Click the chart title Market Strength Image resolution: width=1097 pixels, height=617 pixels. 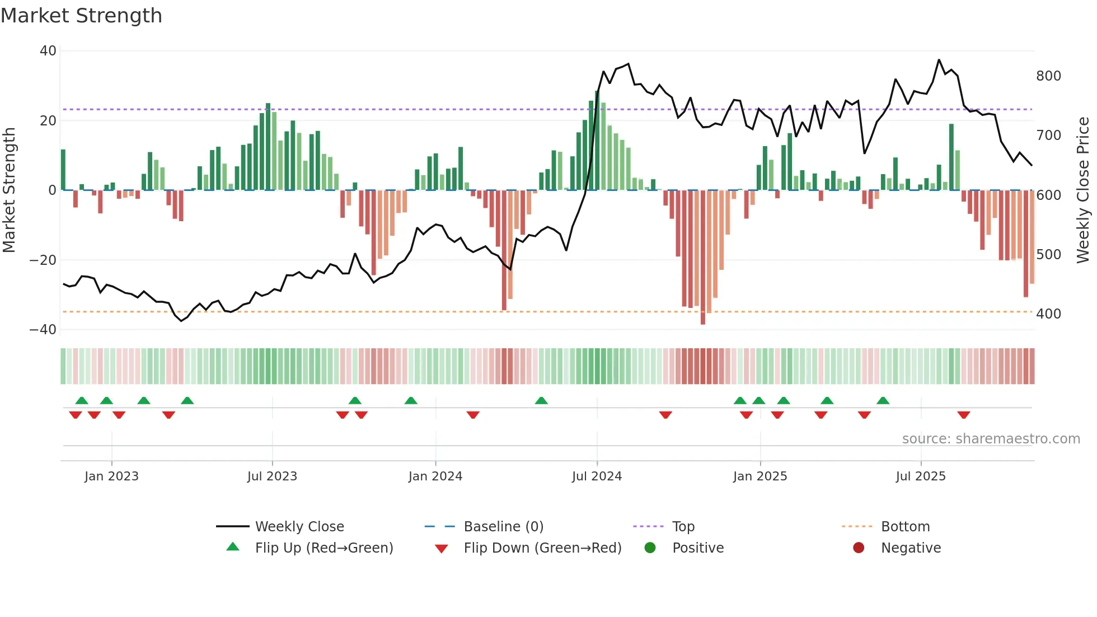pyautogui.click(x=81, y=15)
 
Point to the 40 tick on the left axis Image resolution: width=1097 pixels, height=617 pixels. pyautogui.click(x=48, y=51)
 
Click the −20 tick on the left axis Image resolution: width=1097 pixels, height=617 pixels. pyautogui.click(x=43, y=260)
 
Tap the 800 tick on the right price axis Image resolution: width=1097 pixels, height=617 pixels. pyautogui.click(x=1048, y=76)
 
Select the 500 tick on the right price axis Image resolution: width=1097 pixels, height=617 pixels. pyautogui.click(x=1048, y=255)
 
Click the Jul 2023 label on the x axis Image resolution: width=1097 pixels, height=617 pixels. pyautogui.click(x=272, y=476)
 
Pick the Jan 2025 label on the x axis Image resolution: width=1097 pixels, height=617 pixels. pyautogui.click(x=760, y=476)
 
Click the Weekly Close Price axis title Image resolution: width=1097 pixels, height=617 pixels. pyautogui.click(x=1083, y=190)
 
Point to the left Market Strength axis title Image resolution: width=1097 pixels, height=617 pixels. pyautogui.click(x=9, y=190)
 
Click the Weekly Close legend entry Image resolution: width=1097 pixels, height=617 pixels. pyautogui.click(x=299, y=527)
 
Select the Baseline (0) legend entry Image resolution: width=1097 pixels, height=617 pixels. pyautogui.click(x=503, y=527)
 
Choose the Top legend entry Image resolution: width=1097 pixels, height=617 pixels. pyautogui.click(x=683, y=527)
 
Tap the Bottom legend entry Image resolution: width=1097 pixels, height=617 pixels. pyautogui.click(x=905, y=527)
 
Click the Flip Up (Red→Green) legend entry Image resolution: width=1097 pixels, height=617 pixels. pyautogui.click(x=324, y=548)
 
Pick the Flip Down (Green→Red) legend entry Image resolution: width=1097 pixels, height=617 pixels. pyautogui.click(x=542, y=548)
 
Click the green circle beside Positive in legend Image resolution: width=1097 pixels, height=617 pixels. pyautogui.click(x=650, y=548)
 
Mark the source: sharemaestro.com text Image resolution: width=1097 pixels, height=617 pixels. pyautogui.click(x=991, y=439)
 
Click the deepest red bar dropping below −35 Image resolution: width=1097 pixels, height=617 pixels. pyautogui.click(x=703, y=258)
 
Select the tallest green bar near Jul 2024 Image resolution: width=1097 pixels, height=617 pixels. pyautogui.click(x=597, y=140)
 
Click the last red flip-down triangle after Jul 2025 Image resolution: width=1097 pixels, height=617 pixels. pyautogui.click(x=964, y=415)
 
